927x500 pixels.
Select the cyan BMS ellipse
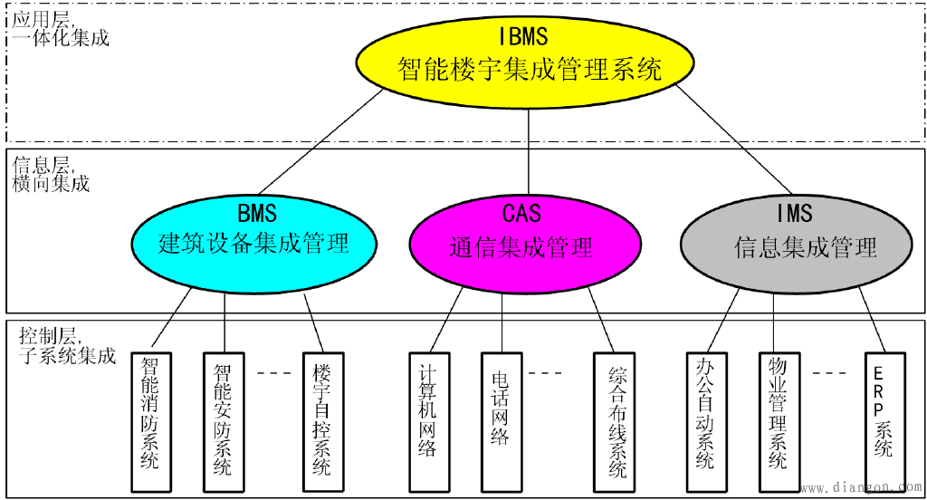(254, 232)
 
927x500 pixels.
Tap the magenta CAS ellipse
(521, 232)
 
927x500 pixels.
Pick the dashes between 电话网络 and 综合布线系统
(546, 371)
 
